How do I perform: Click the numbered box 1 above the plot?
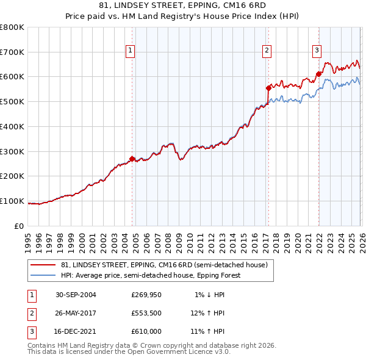click(131, 51)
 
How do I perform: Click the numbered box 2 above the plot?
click(267, 51)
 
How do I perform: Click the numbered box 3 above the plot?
click(317, 51)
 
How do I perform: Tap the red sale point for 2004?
click(132, 159)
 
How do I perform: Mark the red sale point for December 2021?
click(318, 74)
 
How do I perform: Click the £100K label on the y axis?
click(12, 201)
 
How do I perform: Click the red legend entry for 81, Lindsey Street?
click(164, 265)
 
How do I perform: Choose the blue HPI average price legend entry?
click(151, 275)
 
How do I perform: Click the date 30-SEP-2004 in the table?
click(76, 295)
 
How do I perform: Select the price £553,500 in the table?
click(146, 313)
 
